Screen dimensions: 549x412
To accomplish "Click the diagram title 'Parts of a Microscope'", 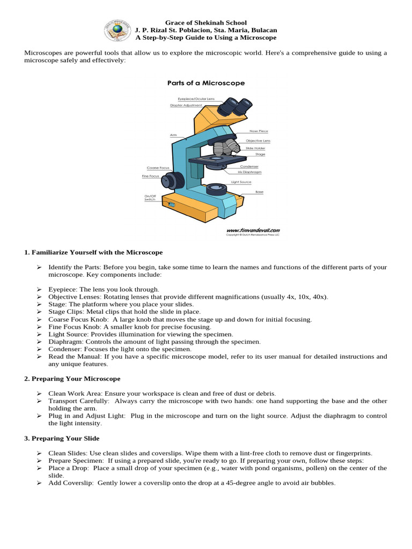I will (206, 83).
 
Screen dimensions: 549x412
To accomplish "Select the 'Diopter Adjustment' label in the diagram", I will (186, 106).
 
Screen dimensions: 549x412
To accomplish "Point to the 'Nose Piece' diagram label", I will (259, 131).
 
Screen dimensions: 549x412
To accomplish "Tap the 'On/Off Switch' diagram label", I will (150, 197).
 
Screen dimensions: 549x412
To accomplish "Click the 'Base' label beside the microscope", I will (259, 191).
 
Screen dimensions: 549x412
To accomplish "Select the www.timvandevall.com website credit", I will (253, 229).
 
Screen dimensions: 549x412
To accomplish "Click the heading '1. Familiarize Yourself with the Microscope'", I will (93, 252).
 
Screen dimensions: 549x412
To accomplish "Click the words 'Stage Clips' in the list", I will (65, 311).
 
